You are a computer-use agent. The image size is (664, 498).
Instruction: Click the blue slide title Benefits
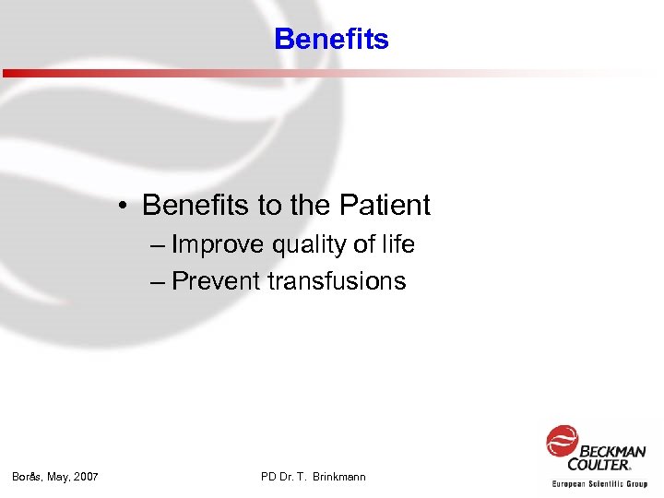331,39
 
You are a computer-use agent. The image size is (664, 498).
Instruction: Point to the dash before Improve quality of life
157,245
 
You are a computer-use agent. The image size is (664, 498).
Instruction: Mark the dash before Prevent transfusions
157,281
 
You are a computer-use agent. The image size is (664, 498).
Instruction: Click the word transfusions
337,281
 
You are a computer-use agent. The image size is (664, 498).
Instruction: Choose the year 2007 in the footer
85,477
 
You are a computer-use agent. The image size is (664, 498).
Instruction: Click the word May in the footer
57,477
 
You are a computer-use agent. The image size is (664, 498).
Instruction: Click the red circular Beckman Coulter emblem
562,441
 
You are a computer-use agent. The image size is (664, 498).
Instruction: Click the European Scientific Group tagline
599,483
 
